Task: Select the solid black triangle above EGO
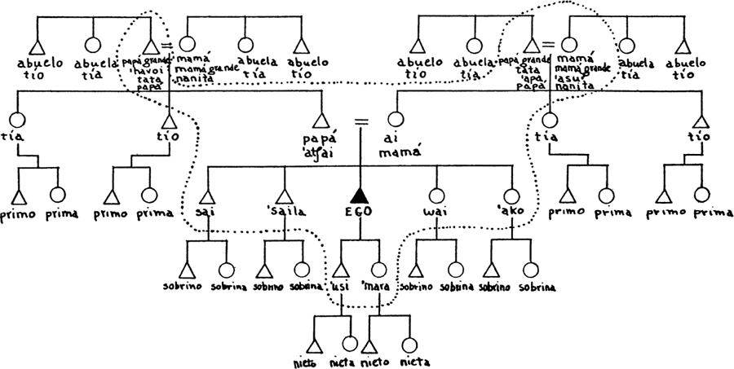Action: click(358, 195)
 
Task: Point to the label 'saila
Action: click(284, 214)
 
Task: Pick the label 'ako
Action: click(511, 215)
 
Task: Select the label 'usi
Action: click(341, 288)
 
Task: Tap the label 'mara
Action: click(378, 288)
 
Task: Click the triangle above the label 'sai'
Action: click(206, 195)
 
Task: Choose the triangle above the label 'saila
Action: click(284, 195)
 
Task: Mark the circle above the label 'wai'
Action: click(434, 195)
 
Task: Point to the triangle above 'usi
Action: click(340, 270)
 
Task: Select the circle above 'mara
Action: click(379, 269)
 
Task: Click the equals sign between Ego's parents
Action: click(358, 122)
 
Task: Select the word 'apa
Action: click(526, 77)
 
